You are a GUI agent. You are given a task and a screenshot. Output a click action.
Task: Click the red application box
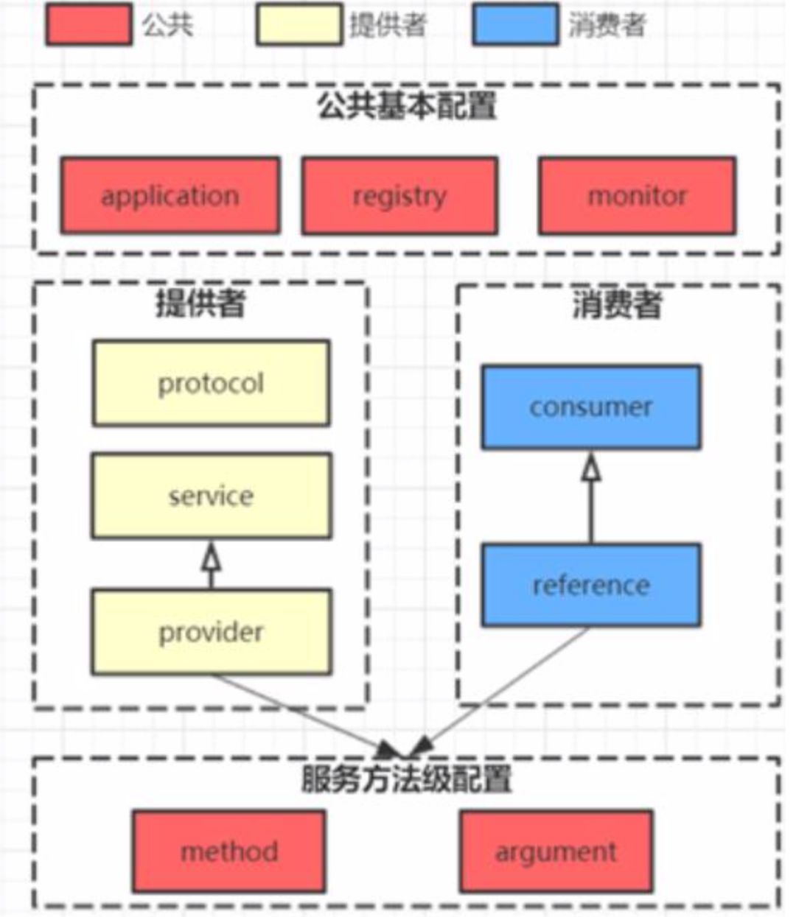[x=170, y=196]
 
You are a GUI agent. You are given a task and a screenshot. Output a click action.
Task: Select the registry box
[x=399, y=196]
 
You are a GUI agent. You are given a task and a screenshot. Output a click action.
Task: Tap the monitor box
[x=637, y=196]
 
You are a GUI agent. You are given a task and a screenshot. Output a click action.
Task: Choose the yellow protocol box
[x=211, y=383]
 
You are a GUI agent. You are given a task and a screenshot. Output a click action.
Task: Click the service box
[x=211, y=496]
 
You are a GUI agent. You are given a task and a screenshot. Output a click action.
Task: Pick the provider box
[x=211, y=632]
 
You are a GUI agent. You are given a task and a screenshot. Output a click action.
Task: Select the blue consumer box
[x=591, y=407]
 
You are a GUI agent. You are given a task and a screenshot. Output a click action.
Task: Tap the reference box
[x=591, y=586]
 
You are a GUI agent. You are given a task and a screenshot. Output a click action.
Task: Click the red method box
[x=229, y=851]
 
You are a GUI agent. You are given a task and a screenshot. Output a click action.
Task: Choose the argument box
[x=556, y=851]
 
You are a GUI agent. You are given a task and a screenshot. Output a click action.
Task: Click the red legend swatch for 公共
[x=88, y=24]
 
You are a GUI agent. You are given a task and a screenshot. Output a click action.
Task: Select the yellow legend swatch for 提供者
[x=299, y=24]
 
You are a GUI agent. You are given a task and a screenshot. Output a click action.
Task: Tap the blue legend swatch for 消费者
[x=515, y=24]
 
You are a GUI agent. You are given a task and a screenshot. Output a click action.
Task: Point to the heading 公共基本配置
[x=407, y=106]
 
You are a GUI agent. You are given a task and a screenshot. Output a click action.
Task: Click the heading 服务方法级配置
[x=407, y=779]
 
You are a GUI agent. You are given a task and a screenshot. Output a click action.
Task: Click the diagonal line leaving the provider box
[x=302, y=712]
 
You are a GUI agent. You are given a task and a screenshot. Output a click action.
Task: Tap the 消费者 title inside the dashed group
[x=618, y=305]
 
